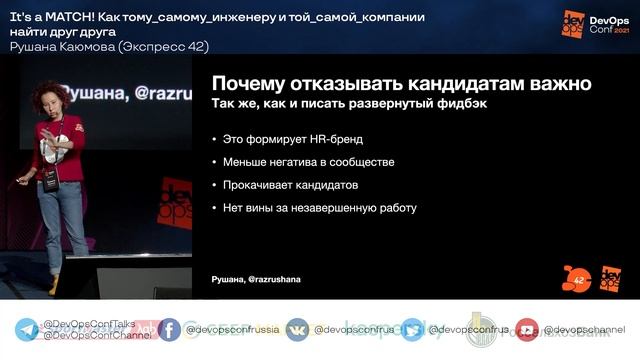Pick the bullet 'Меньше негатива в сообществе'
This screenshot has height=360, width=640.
tap(308, 162)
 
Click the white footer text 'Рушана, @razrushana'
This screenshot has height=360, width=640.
tap(256, 279)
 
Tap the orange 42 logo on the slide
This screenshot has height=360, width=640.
tap(576, 278)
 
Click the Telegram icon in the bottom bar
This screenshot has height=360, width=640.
tap(27, 330)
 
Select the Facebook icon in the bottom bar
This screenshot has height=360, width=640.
tap(169, 330)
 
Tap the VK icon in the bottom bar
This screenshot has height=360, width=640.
tap(297, 330)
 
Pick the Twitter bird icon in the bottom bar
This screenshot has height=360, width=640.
tap(412, 330)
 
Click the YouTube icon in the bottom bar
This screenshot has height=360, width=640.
tap(527, 330)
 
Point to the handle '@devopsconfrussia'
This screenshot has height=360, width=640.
tap(228, 330)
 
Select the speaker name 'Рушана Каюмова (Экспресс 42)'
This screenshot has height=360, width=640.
tap(109, 46)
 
